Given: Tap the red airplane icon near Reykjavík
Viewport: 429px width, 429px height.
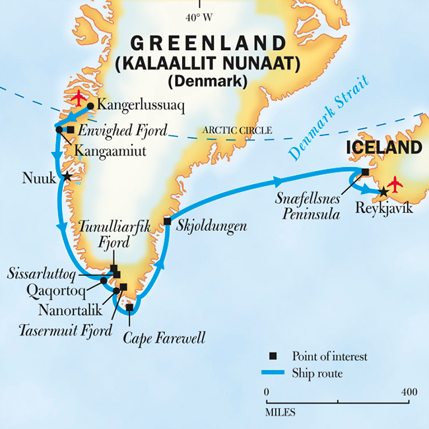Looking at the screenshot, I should tap(395, 184).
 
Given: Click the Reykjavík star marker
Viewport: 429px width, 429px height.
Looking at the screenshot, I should tap(383, 192).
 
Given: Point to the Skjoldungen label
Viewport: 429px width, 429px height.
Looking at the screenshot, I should tap(212, 226).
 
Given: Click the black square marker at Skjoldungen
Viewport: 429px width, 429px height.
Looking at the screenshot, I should tap(167, 221).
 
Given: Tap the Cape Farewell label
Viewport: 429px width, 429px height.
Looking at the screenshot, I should tap(164, 339).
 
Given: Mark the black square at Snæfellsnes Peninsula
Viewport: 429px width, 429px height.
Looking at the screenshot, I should tap(365, 172).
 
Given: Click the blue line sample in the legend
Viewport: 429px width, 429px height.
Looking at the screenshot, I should tap(277, 375).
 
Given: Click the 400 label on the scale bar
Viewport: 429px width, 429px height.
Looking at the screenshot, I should tap(409, 392).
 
